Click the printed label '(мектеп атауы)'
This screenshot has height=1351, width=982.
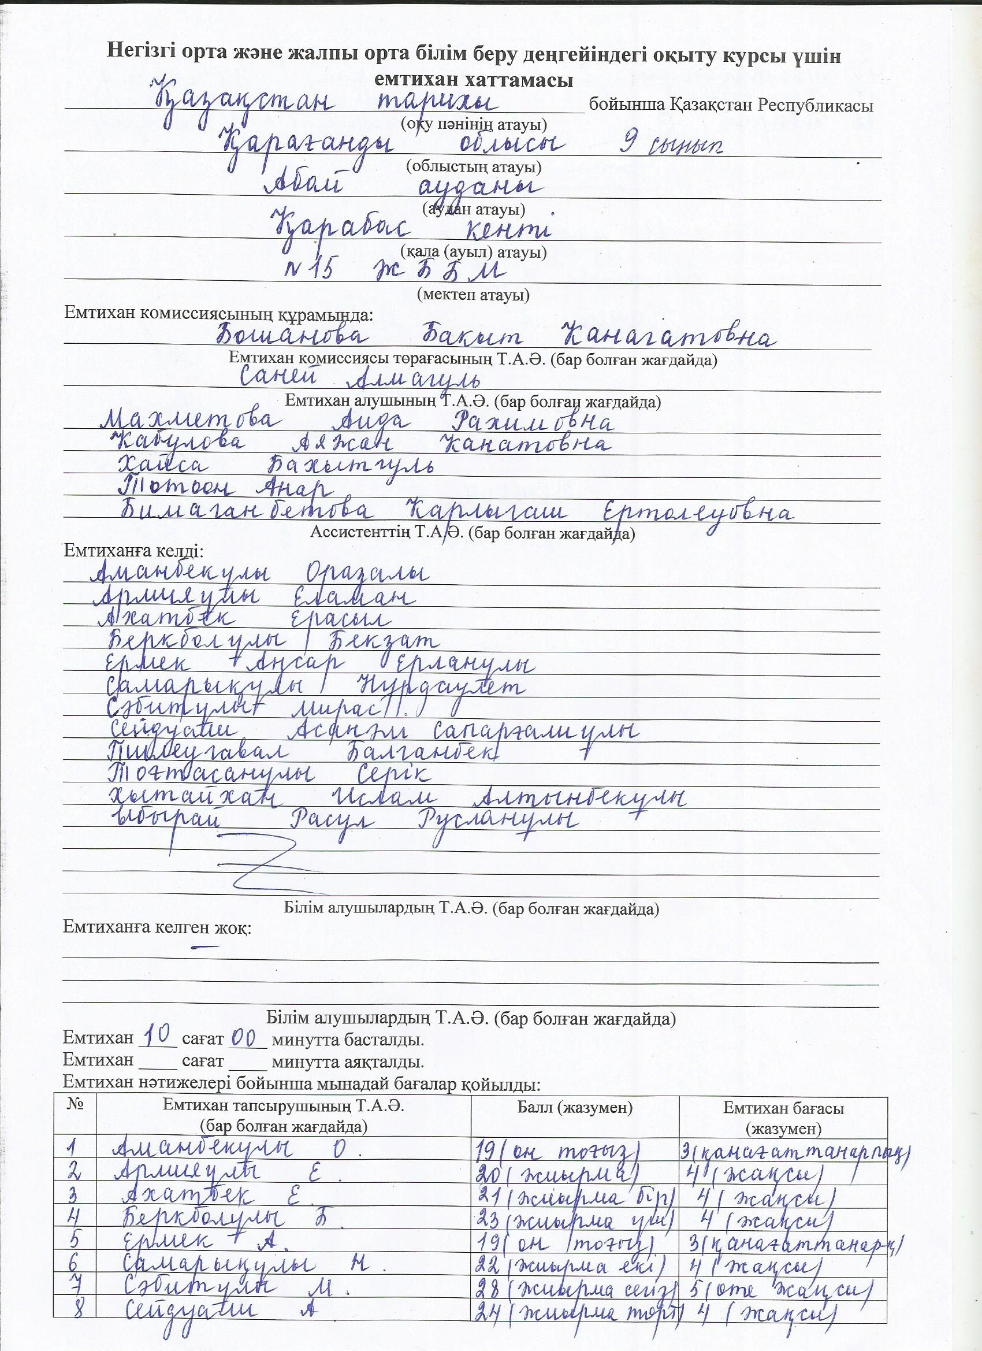coord(473,294)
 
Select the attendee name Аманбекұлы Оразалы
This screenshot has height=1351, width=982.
coord(262,573)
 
